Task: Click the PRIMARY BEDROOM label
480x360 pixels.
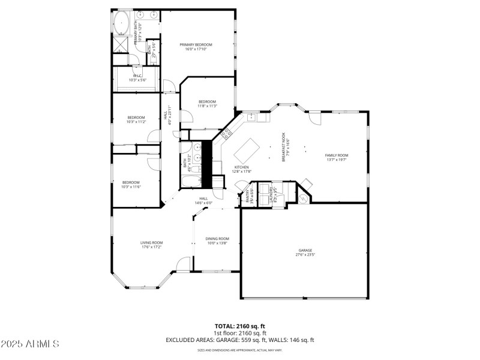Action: click(x=196, y=45)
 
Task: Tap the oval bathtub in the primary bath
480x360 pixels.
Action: click(x=122, y=23)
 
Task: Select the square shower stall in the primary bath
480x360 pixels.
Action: click(x=121, y=46)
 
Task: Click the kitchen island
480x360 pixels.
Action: click(x=246, y=148)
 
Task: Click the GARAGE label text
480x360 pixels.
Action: click(x=305, y=250)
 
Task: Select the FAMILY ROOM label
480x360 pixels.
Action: click(x=337, y=155)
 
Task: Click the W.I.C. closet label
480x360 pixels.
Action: click(x=137, y=76)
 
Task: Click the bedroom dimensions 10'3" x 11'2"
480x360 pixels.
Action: click(x=136, y=122)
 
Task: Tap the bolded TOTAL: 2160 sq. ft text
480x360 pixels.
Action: click(x=239, y=325)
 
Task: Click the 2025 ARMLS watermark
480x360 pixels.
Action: click(x=30, y=344)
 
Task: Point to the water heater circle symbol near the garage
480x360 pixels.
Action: click(x=304, y=197)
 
